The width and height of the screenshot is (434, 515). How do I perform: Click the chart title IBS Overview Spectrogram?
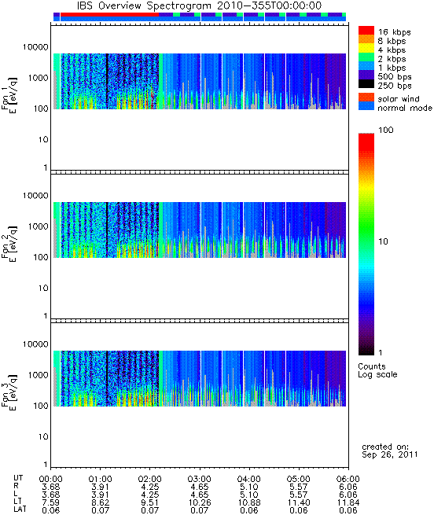(144, 6)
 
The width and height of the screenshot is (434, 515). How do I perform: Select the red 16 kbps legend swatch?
(366, 31)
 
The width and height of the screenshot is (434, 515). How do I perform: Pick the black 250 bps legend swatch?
(366, 84)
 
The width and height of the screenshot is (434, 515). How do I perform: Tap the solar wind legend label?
(399, 99)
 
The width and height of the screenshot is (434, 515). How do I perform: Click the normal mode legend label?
(405, 108)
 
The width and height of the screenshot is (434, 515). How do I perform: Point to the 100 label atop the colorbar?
(386, 130)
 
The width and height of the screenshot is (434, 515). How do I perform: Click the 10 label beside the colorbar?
(383, 241)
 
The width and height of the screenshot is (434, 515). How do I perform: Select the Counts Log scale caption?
(377, 370)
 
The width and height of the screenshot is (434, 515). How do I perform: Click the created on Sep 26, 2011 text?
(390, 451)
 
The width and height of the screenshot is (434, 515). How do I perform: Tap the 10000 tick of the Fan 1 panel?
(35, 47)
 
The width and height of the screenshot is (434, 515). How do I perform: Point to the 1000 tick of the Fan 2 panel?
(38, 226)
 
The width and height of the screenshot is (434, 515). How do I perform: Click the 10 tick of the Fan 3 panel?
(43, 436)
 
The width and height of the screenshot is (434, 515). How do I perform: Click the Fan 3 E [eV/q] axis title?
(9, 392)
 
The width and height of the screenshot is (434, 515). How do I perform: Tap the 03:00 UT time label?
(200, 479)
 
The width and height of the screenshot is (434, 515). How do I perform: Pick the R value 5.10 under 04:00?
(249, 487)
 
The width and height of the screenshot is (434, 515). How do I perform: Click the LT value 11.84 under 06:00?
(348, 502)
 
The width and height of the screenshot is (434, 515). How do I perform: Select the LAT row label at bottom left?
(20, 509)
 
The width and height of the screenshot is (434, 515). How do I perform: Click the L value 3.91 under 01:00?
(100, 495)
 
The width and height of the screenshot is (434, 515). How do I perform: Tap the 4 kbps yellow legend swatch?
(366, 49)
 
